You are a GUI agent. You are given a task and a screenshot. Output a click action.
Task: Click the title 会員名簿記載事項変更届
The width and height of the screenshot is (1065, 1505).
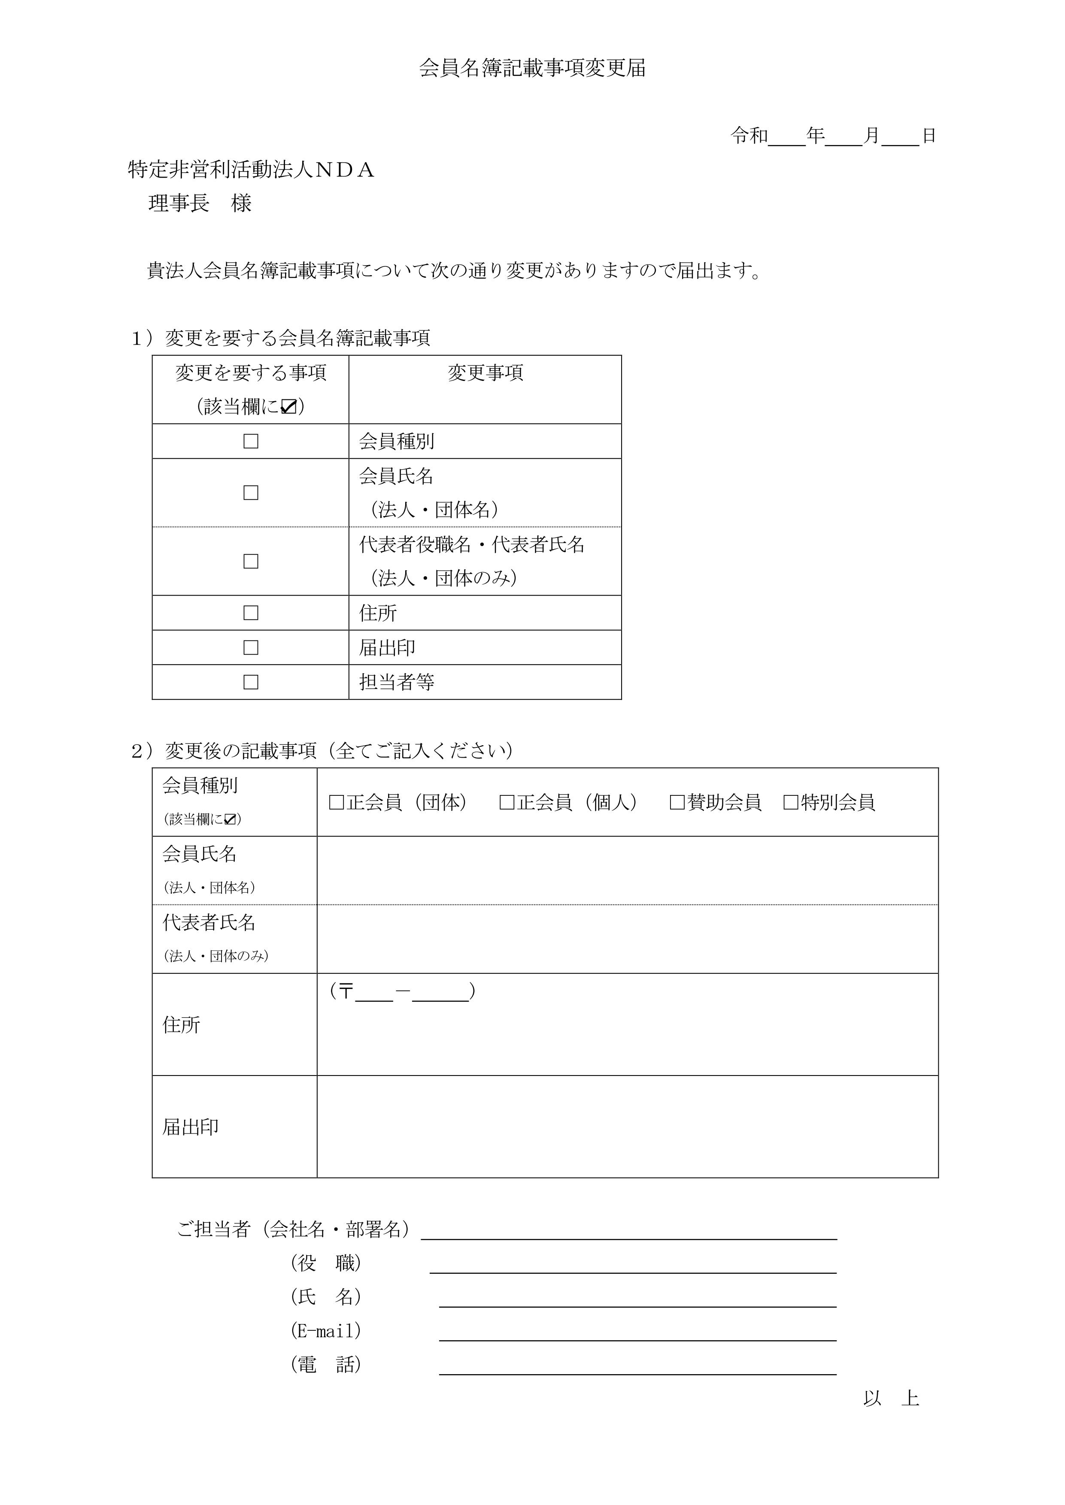click(532, 68)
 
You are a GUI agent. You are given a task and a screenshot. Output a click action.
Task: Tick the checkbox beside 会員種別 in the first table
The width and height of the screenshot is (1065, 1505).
click(251, 441)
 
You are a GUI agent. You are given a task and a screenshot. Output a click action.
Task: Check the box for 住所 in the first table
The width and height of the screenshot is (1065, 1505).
click(251, 613)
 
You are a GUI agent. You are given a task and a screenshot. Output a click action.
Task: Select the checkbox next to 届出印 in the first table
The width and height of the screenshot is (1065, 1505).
click(251, 648)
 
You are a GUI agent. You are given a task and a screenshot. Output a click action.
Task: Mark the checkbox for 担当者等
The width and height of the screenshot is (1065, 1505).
click(251, 683)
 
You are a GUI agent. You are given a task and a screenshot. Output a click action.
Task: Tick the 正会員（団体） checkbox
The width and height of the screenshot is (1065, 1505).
click(337, 802)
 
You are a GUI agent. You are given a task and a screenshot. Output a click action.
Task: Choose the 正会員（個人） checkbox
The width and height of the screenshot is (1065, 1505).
click(507, 802)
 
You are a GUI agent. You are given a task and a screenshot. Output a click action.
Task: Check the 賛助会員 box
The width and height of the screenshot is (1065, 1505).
click(677, 802)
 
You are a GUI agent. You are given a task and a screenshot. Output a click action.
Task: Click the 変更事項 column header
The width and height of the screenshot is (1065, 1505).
click(485, 373)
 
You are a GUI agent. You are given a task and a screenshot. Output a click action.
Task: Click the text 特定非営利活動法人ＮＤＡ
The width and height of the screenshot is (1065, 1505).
click(251, 170)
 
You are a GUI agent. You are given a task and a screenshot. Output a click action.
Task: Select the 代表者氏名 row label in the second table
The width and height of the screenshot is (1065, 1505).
click(209, 923)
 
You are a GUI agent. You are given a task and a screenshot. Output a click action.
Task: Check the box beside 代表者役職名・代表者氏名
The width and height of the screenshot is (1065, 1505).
click(251, 561)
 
